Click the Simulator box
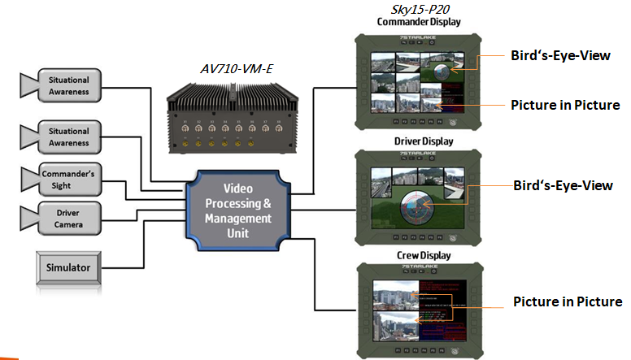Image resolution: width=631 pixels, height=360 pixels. (x=68, y=267)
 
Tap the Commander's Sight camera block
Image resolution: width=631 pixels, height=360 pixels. (x=68, y=178)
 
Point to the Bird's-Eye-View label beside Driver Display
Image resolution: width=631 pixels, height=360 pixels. (x=563, y=185)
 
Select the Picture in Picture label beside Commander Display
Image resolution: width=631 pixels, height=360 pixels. (x=566, y=106)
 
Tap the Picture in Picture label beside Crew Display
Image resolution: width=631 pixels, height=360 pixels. (x=568, y=302)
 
